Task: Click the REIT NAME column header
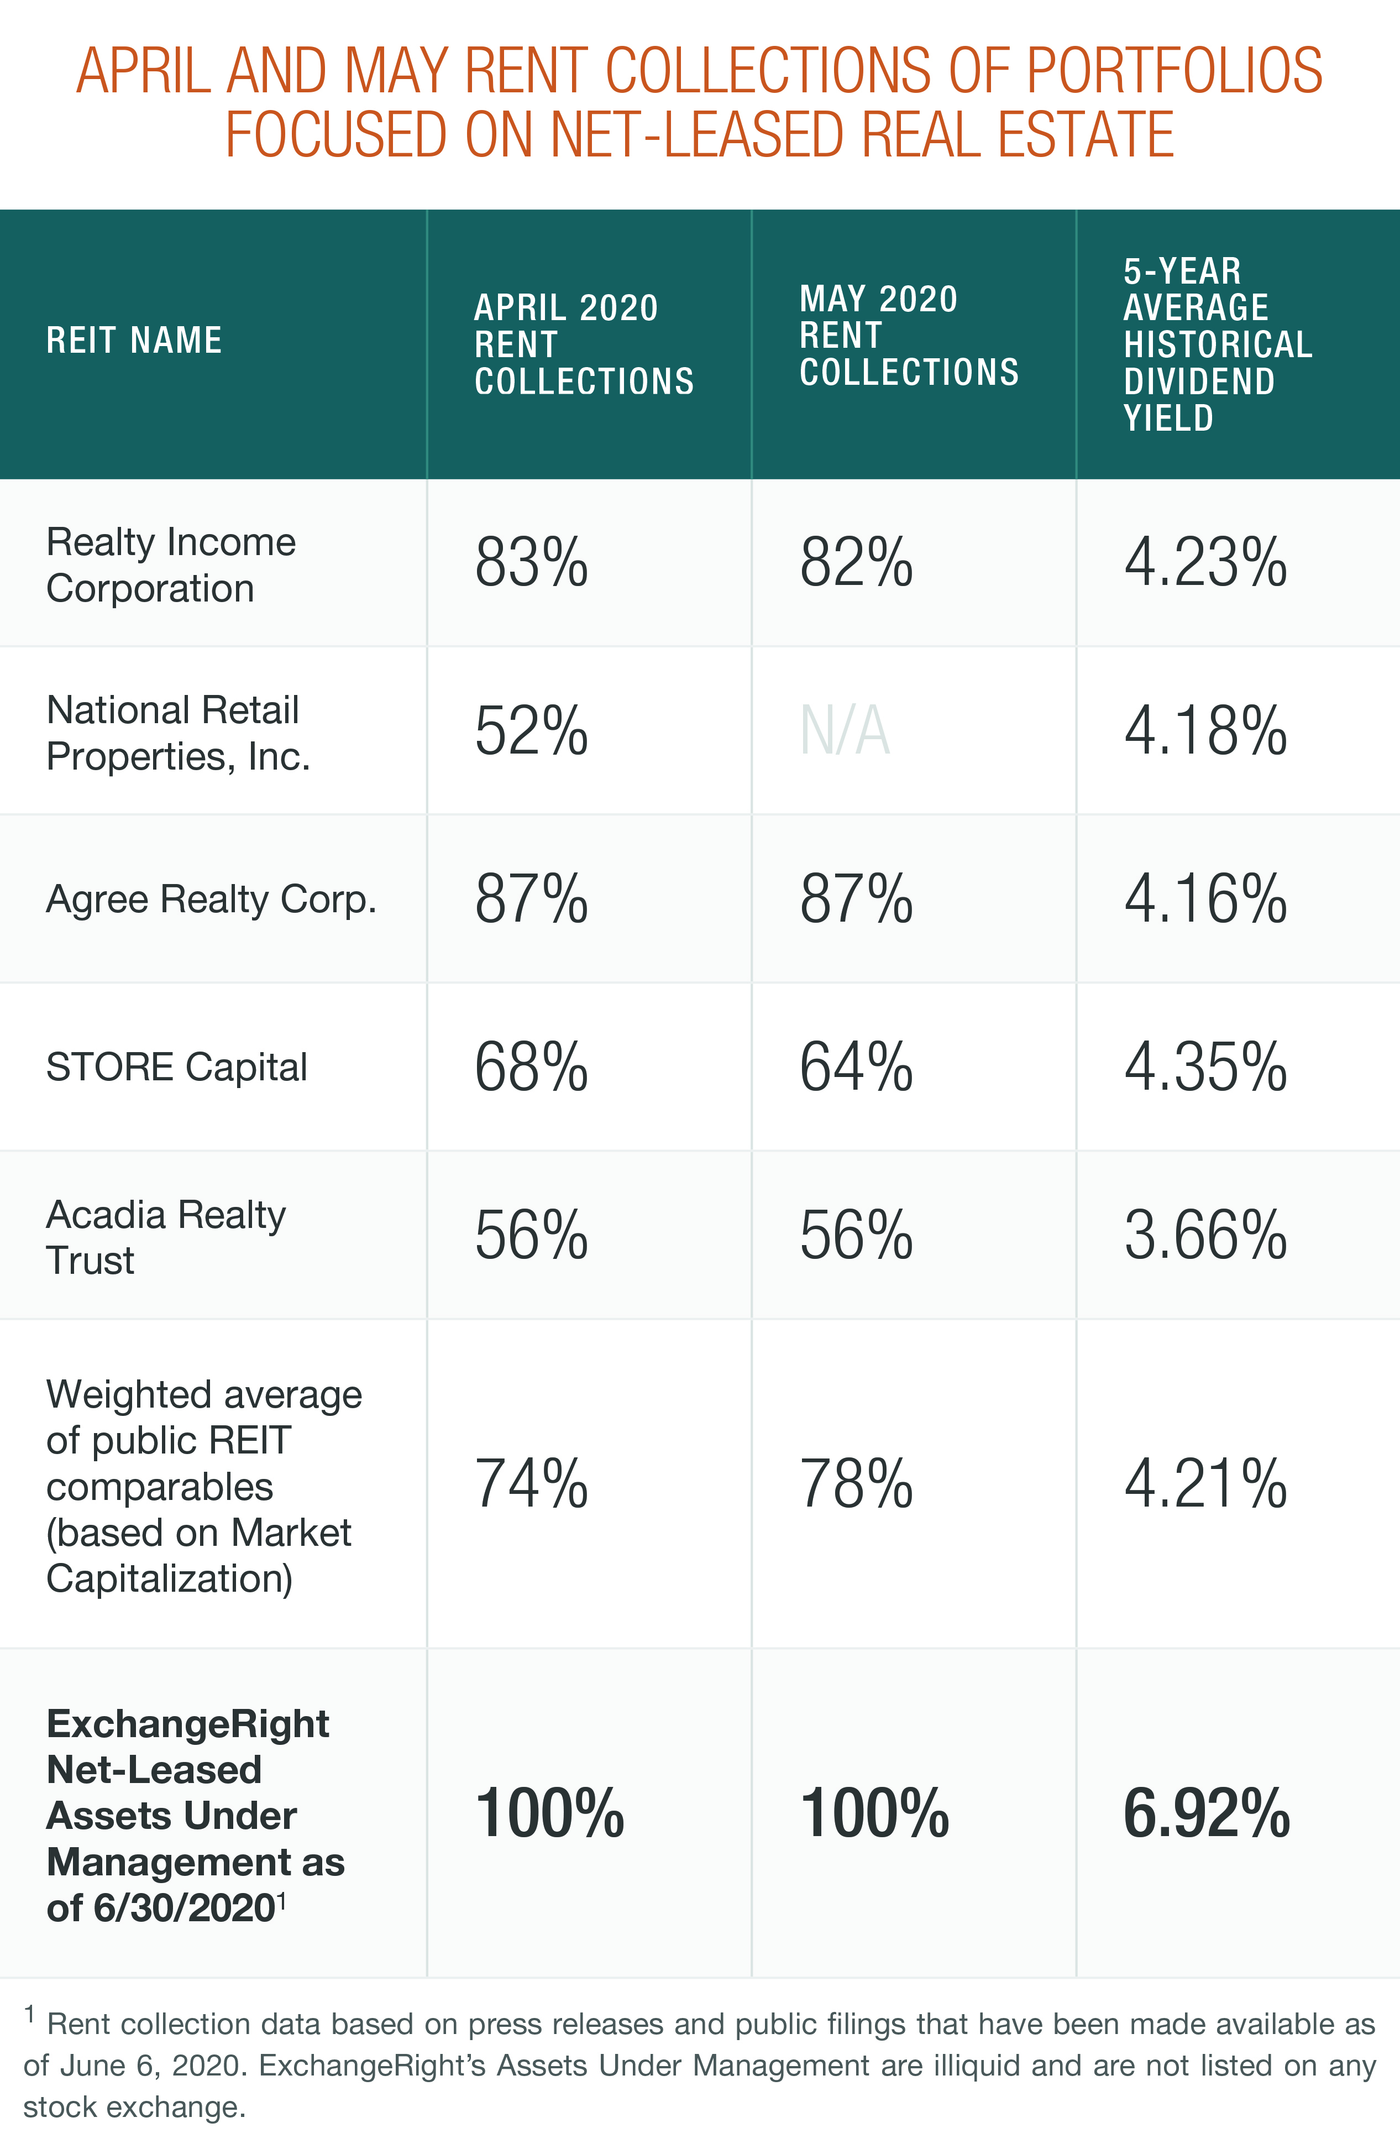tap(134, 341)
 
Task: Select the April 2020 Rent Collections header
tap(584, 345)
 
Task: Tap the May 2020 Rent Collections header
tap(909, 336)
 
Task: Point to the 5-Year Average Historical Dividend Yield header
tap(1217, 345)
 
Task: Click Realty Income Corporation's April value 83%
tap(531, 563)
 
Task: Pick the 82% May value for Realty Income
tap(855, 563)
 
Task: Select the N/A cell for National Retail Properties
tap(845, 731)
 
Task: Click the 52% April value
tap(531, 731)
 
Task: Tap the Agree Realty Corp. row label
tap(211, 900)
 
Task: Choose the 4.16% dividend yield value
tap(1204, 900)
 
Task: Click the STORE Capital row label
tap(176, 1067)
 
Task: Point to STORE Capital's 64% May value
tap(855, 1067)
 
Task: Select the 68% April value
tap(531, 1067)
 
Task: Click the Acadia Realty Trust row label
tap(166, 1236)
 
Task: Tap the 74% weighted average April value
tap(531, 1484)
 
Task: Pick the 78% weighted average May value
tap(855, 1484)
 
